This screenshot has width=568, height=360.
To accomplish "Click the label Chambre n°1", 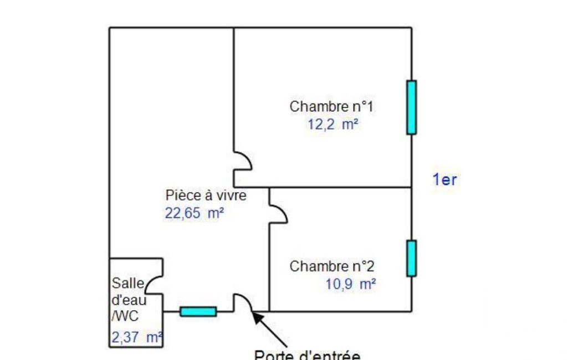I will pos(331,106).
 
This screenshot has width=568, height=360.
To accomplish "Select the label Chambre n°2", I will pos(332,266).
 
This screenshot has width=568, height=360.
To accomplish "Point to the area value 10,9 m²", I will pos(351,285).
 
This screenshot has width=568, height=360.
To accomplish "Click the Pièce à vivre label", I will pos(206,195).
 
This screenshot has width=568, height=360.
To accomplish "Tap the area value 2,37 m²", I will pos(136,337).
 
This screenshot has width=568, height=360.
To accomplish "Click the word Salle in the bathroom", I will pos(127,284).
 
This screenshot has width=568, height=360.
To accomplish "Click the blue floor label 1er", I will pos(444,179).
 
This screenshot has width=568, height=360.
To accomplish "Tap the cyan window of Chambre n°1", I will pos(411,107).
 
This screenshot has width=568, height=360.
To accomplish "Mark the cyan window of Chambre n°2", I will pos(411,258).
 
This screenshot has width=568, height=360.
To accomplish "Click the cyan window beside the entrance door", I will pos(198,312).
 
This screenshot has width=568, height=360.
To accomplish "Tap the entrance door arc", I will pos(243,302).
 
